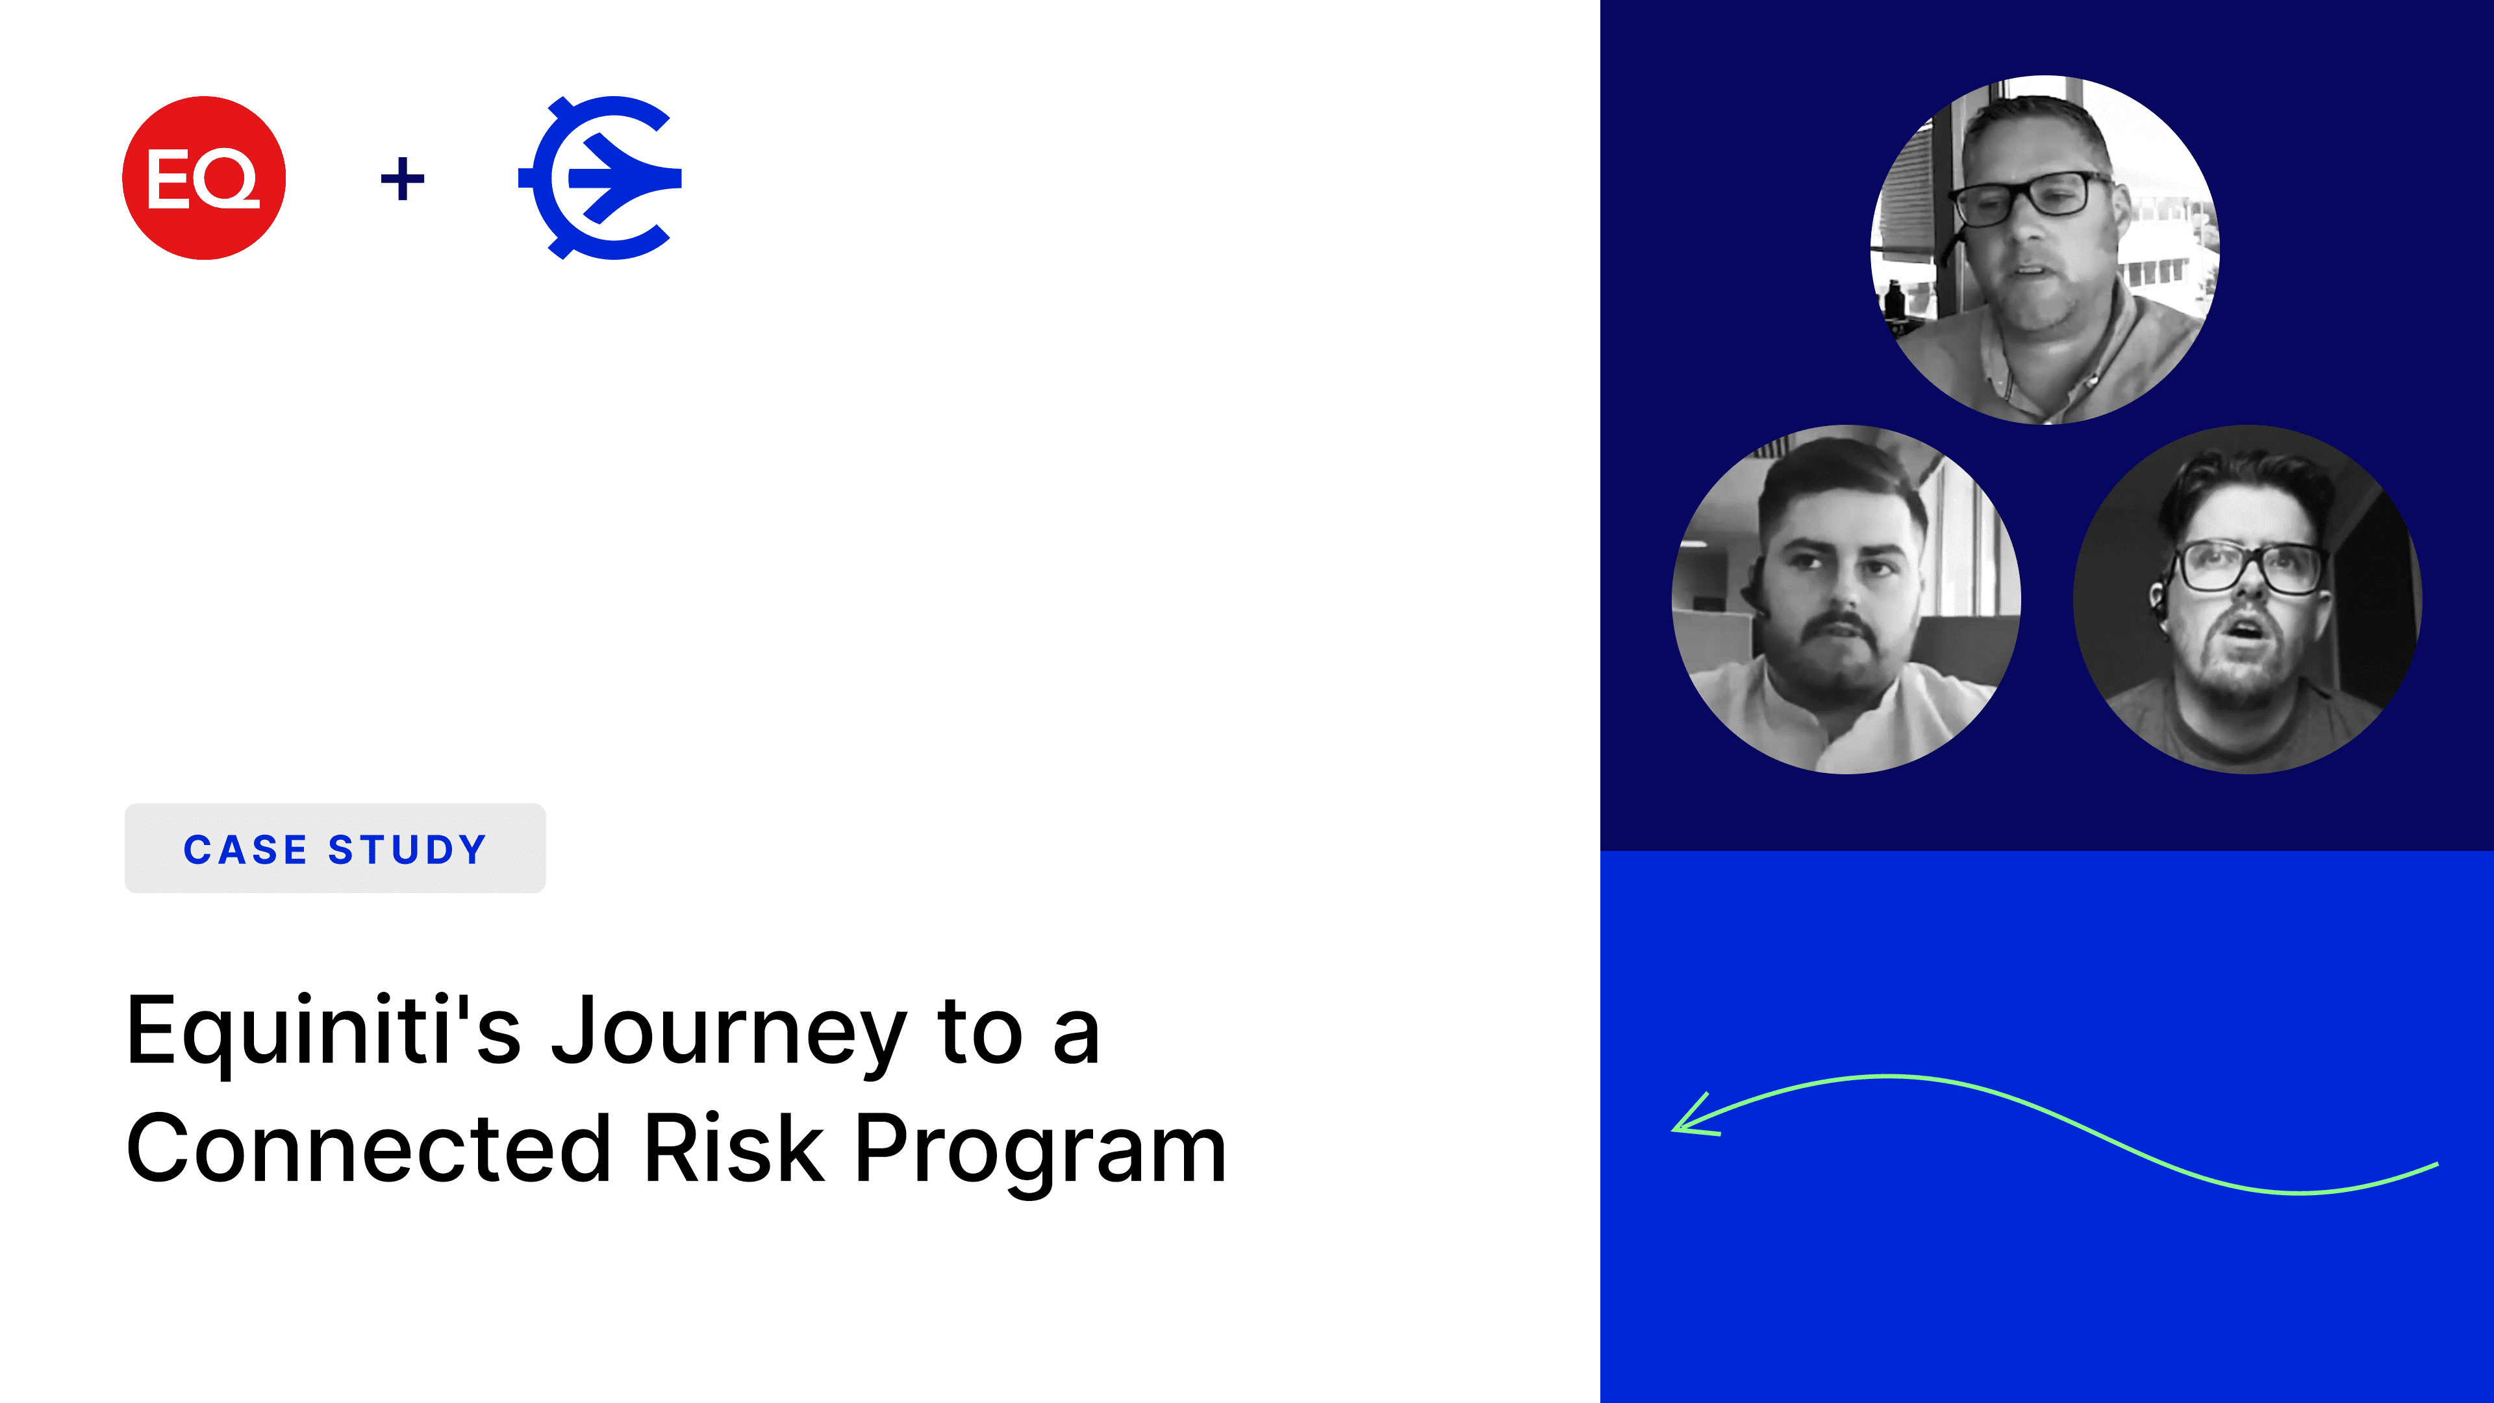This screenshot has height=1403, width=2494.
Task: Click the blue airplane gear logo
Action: (x=600, y=177)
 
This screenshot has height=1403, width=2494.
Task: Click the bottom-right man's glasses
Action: (x=2248, y=566)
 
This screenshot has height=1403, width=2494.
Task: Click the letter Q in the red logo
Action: (x=227, y=179)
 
